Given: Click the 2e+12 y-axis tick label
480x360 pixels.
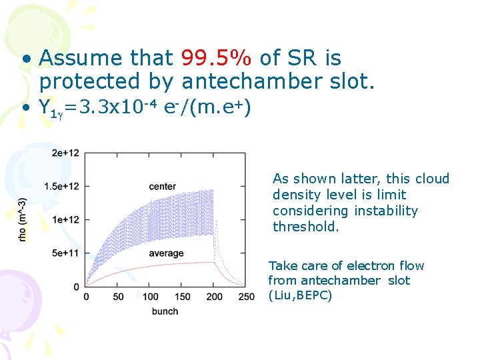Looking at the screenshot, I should click(x=65, y=153).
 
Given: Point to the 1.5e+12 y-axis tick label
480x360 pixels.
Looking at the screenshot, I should click(x=62, y=185).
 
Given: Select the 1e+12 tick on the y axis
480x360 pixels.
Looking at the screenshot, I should click(x=65, y=219).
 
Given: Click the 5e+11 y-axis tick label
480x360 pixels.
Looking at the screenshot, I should click(x=65, y=253).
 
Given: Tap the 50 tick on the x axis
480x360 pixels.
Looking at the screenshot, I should click(x=118, y=297).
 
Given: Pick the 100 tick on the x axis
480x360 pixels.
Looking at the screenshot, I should click(x=151, y=297).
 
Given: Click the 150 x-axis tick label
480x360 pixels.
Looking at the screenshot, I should click(x=183, y=297).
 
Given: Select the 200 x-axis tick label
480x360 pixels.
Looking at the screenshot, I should click(x=215, y=297).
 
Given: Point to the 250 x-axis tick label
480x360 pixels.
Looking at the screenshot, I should click(x=246, y=297).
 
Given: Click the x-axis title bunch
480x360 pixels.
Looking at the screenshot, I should click(x=165, y=311).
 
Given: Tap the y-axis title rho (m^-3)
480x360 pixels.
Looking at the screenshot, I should click(x=23, y=220).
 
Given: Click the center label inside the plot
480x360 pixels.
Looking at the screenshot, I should click(x=162, y=186).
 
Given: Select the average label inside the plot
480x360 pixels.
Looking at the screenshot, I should click(x=166, y=253).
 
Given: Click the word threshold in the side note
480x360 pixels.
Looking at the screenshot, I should click(x=306, y=227).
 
